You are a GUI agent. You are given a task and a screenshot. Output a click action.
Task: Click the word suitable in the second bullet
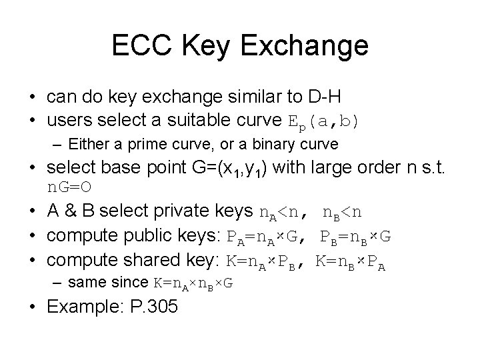189,121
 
